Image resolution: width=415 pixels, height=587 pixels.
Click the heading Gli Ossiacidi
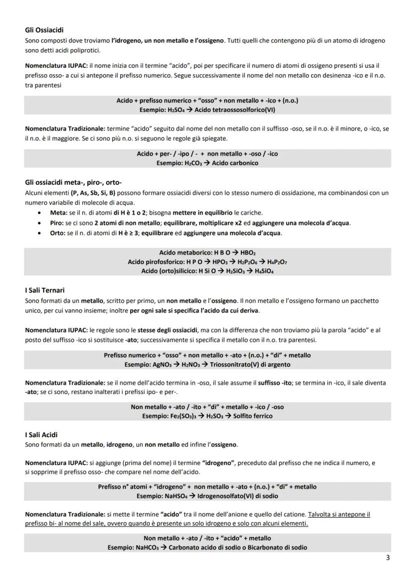pyautogui.click(x=44, y=31)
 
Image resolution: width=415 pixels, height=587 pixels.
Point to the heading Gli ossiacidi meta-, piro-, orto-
pyautogui.click(x=73, y=182)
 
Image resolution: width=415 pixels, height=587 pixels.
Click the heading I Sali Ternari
pyautogui.click(x=45, y=290)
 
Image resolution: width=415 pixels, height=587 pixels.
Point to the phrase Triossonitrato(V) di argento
pyautogui.click(x=248, y=364)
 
